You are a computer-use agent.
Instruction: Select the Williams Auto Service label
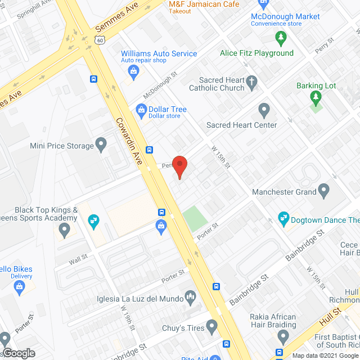click(x=159, y=54)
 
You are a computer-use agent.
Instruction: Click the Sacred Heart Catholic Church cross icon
click(x=251, y=83)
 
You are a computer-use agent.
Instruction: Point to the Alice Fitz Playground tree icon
click(x=280, y=39)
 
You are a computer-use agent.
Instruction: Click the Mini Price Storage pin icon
click(x=101, y=145)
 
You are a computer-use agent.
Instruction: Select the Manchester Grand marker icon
click(x=323, y=191)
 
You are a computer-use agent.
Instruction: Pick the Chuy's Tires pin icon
click(x=211, y=325)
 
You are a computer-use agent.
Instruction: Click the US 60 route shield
click(x=100, y=40)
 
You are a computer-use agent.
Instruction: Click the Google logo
click(x=19, y=353)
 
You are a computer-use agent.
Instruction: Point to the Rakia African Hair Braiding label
click(x=273, y=321)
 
